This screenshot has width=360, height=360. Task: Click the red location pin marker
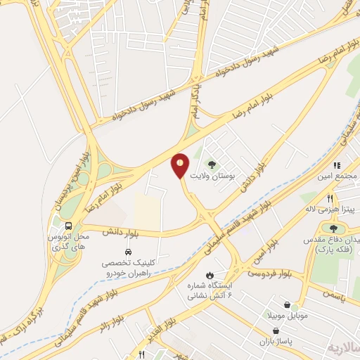click(x=181, y=165)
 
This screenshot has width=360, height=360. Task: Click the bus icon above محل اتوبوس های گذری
click(x=69, y=226)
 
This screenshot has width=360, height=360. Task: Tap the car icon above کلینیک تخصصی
click(x=128, y=252)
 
